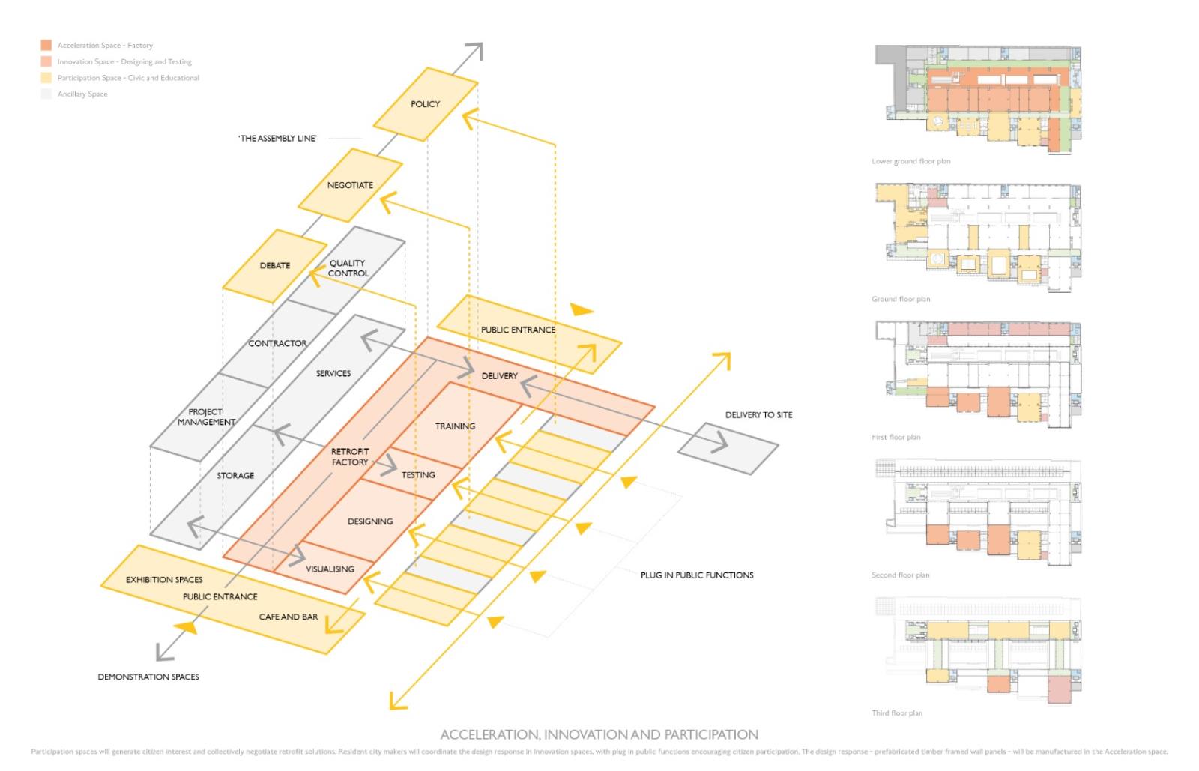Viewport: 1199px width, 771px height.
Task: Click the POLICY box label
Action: tap(425, 104)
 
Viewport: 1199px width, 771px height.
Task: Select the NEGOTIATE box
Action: tap(350, 185)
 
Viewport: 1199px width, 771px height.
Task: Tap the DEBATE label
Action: tap(275, 266)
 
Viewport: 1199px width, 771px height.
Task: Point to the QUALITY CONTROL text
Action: tap(348, 268)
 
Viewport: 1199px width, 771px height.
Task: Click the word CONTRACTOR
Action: tap(277, 343)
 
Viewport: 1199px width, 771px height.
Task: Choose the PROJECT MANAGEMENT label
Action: tap(206, 417)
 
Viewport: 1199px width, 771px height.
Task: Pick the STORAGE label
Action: tap(235, 476)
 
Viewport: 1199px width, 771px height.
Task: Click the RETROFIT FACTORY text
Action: tap(350, 457)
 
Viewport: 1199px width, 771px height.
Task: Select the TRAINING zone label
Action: tap(455, 426)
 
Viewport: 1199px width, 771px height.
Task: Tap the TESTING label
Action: tap(418, 475)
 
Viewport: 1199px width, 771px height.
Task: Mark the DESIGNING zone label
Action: tap(370, 521)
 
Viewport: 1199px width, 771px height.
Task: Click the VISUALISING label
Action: tap(330, 569)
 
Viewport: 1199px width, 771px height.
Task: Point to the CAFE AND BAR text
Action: tap(289, 617)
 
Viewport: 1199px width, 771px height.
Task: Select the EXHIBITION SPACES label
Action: tap(164, 580)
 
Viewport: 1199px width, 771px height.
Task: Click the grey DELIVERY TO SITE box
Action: tap(728, 447)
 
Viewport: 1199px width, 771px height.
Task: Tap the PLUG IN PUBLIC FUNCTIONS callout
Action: tap(697, 575)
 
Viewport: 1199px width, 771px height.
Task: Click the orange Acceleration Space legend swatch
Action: tap(46, 46)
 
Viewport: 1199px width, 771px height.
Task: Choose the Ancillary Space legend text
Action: tap(82, 94)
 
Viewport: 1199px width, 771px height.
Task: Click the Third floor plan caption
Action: tap(897, 713)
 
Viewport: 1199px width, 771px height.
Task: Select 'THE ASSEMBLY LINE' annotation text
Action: tap(277, 139)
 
